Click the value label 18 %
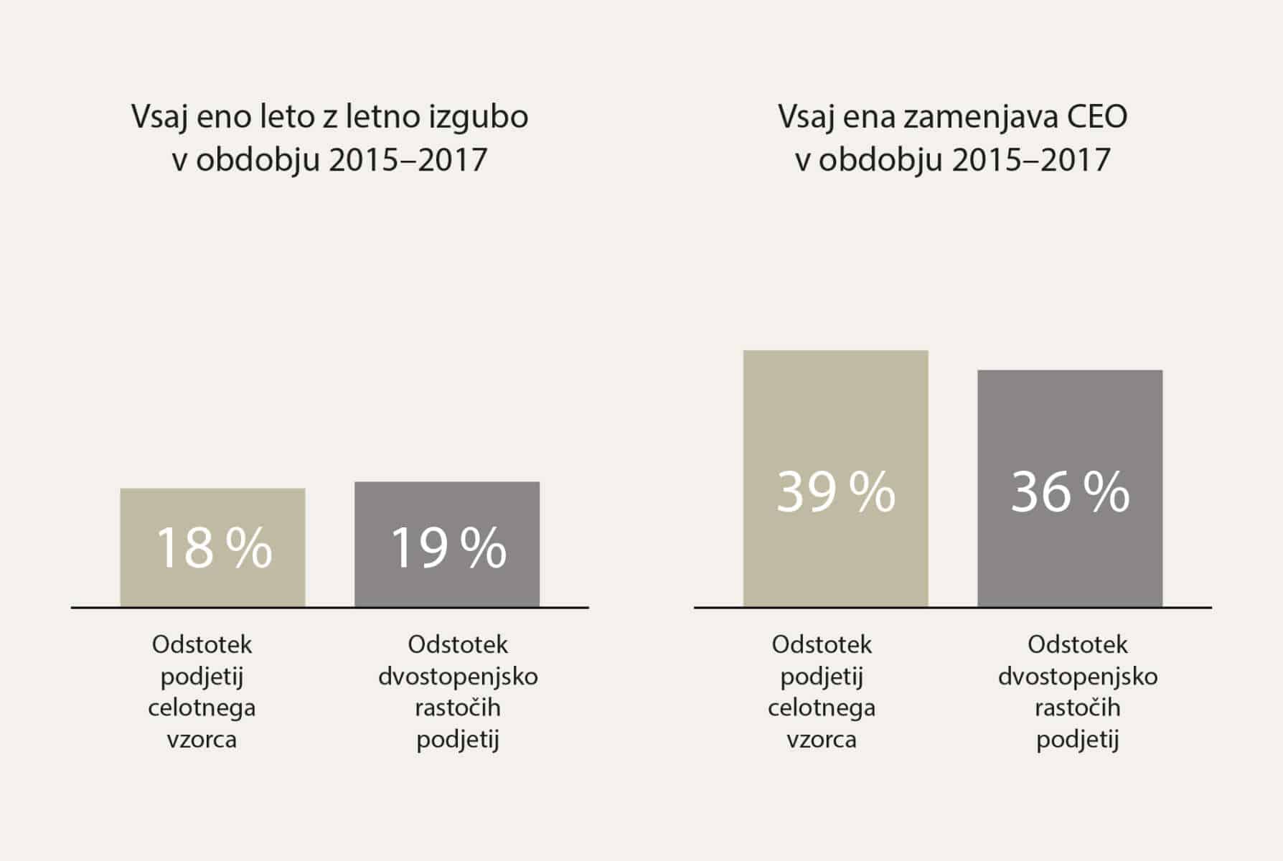pos(214,549)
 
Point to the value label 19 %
pos(448,549)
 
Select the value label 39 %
pos(836,492)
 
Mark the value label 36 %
pos(1070,492)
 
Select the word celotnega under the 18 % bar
pos(202,708)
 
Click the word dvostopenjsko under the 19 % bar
pos(458,677)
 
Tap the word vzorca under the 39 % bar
pos(822,740)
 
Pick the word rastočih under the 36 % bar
pos(1077,708)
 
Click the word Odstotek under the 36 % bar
pos(1077,644)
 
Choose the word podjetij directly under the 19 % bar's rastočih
pos(458,740)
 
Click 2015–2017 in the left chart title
pos(408,159)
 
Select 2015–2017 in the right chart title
pos(1031,159)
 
